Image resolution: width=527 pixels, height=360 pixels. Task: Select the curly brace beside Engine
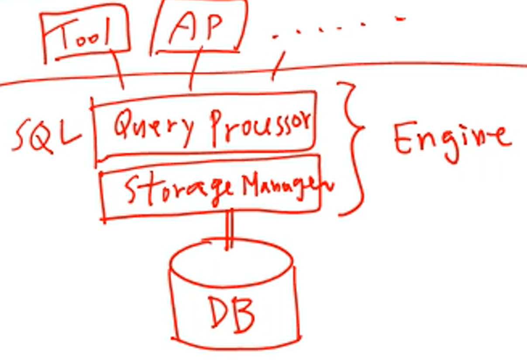[x=351, y=149]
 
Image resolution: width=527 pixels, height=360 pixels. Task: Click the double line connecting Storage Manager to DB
[x=229, y=229]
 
